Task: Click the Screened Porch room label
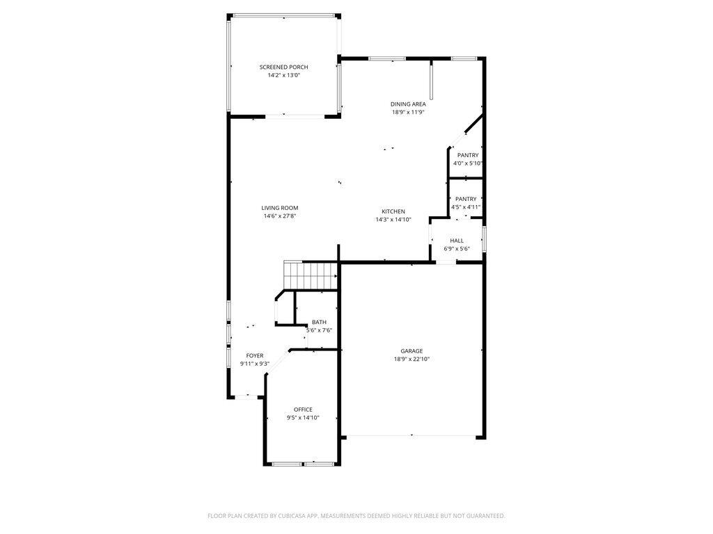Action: tap(283, 67)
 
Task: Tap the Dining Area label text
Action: tap(408, 104)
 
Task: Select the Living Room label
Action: tap(280, 208)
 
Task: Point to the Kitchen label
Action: tap(393, 211)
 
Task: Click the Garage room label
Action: tap(412, 351)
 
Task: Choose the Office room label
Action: tap(303, 410)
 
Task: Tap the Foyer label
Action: tap(255, 355)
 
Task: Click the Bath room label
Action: tap(319, 322)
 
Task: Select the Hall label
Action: tap(457, 241)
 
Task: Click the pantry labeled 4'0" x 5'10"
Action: tap(468, 155)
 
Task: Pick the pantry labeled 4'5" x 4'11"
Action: tap(466, 199)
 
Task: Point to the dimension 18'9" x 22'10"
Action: tap(412, 359)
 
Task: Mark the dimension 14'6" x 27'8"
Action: tap(280, 216)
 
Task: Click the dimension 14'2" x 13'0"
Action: tap(283, 76)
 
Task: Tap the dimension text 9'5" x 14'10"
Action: tap(303, 418)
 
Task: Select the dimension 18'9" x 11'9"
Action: tap(408, 113)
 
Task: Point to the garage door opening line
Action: tap(411, 436)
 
